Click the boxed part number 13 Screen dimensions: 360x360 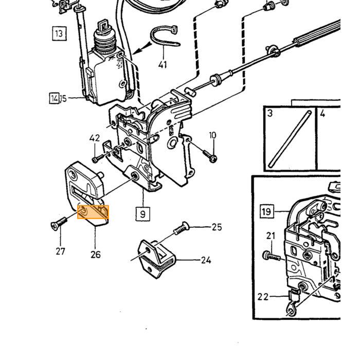[59, 33]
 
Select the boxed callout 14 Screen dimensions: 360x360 [55, 98]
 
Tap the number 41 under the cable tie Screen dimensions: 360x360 [163, 64]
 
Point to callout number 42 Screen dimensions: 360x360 [95, 138]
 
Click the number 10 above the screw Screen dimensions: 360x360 [212, 135]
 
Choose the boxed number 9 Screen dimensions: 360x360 [143, 214]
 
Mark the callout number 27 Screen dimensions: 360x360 [60, 251]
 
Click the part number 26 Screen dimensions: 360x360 [96, 255]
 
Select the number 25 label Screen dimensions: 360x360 [217, 227]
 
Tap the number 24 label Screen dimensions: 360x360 [206, 260]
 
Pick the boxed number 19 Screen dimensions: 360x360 [267, 211]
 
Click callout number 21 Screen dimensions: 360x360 [271, 236]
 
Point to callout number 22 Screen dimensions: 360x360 [263, 297]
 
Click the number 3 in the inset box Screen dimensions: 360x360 [270, 113]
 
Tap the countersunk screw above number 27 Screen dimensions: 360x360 [59, 223]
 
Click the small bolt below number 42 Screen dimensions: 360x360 [97, 158]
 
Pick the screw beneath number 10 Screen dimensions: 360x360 [210, 156]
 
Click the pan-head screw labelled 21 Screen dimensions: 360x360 [271, 256]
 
